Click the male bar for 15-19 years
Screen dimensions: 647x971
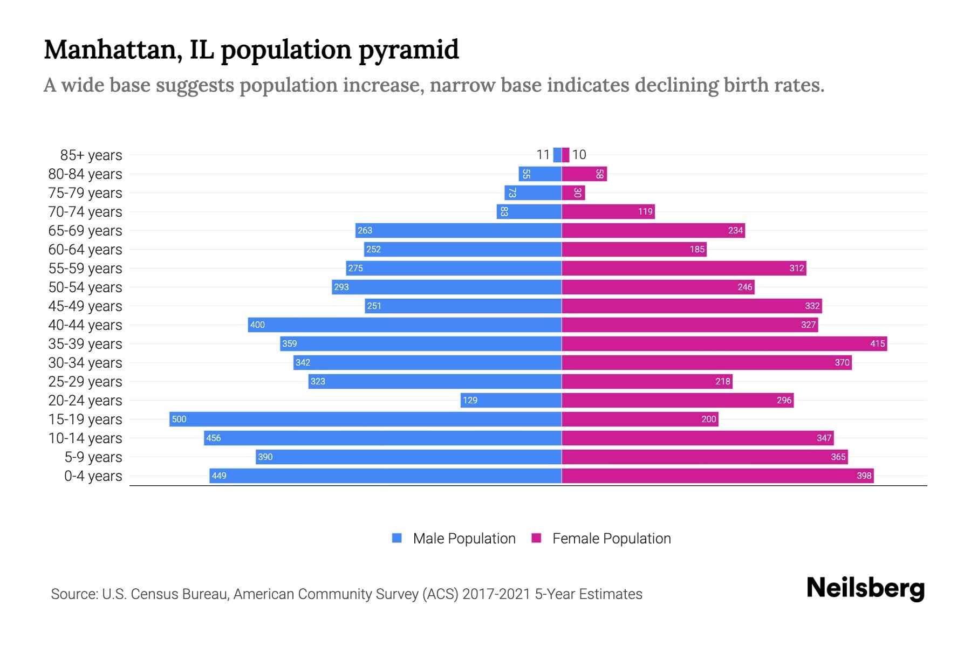tap(365, 419)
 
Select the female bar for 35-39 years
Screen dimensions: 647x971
tap(724, 343)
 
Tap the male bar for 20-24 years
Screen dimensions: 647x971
tap(511, 400)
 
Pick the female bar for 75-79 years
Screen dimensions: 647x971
tap(573, 192)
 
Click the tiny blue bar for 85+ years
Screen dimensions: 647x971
tap(557, 155)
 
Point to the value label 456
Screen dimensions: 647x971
tap(214, 438)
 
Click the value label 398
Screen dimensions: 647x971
tap(864, 476)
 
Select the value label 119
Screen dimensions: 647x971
tap(645, 211)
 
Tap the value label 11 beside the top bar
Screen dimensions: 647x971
tap(543, 155)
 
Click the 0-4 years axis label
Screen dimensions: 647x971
tap(93, 476)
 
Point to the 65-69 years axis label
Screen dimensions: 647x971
tap(85, 231)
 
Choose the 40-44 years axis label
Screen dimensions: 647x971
tap(85, 325)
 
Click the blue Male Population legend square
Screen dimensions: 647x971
tap(397, 538)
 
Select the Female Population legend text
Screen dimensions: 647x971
tap(611, 539)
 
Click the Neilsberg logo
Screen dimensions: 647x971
tap(865, 588)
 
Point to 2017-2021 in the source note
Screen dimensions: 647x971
tap(496, 594)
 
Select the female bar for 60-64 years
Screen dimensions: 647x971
tap(634, 249)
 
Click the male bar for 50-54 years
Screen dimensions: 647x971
tap(447, 287)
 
